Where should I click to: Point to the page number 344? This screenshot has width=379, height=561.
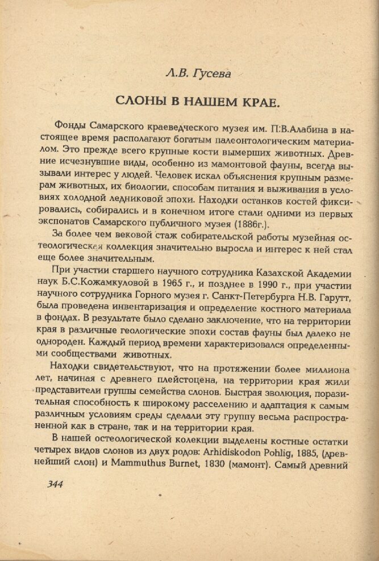pos(52,484)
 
